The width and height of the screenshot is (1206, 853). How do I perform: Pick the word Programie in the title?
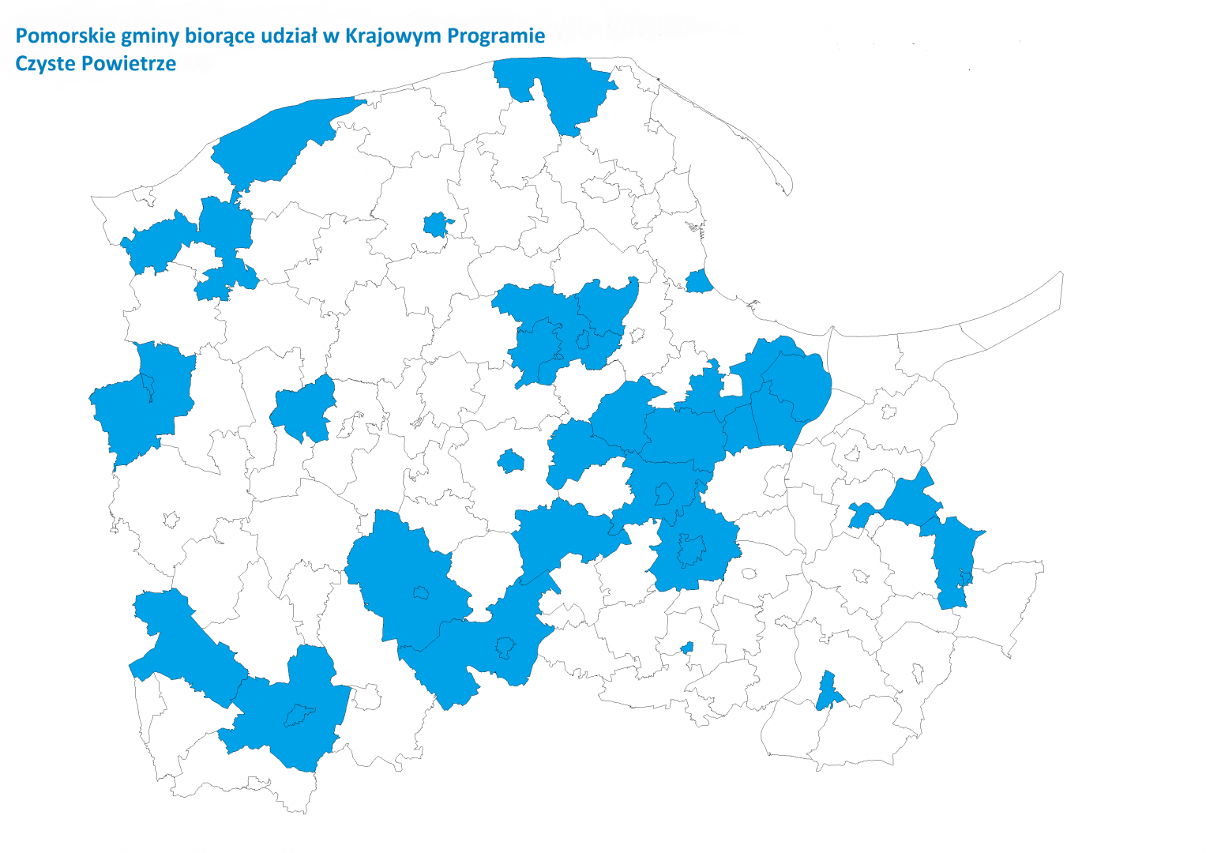[x=495, y=36]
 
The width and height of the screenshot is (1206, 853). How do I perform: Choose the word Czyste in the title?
[x=43, y=63]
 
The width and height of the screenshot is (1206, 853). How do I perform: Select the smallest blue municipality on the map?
[x=687, y=648]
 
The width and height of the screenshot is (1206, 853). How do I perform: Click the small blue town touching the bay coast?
[x=698, y=281]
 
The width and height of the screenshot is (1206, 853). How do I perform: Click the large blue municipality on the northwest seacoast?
[x=276, y=142]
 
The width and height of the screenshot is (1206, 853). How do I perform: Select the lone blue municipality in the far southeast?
[x=827, y=691]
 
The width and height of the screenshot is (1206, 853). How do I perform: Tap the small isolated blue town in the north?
[x=435, y=224]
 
